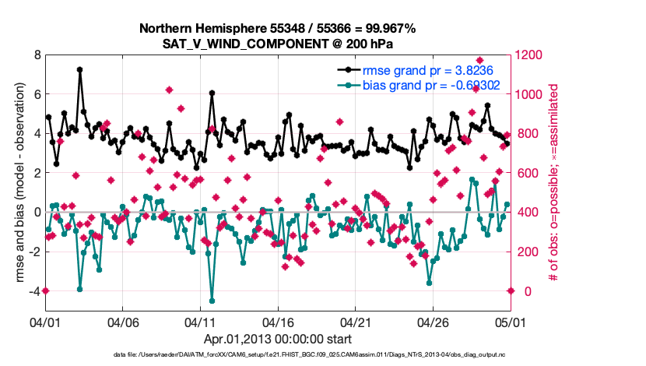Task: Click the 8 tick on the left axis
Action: (x=37, y=55)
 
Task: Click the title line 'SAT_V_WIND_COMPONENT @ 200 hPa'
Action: (x=278, y=44)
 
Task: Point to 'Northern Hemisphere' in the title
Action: (x=198, y=29)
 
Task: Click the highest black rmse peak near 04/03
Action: (x=80, y=69)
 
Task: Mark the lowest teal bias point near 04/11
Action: (x=212, y=301)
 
